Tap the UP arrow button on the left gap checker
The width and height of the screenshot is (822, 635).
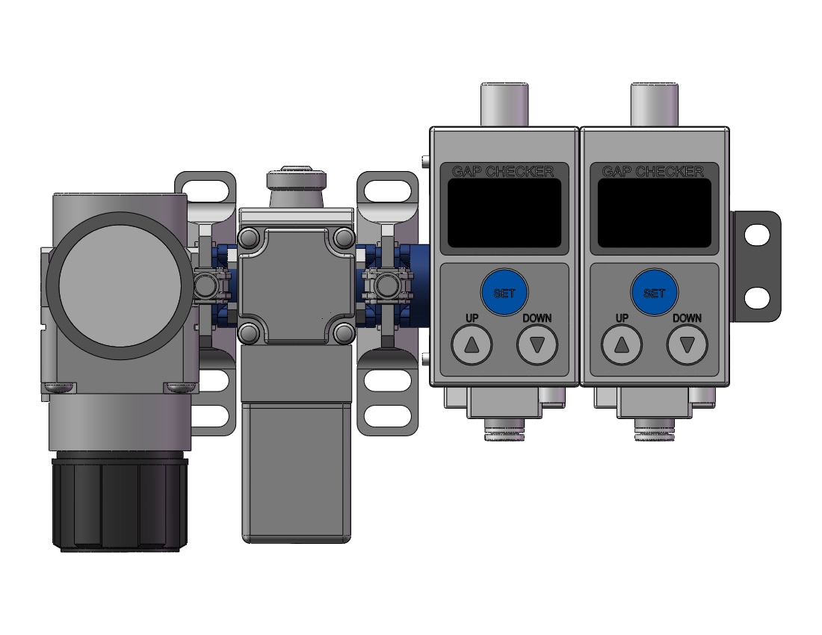click(x=472, y=344)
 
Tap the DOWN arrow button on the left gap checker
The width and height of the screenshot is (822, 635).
click(x=537, y=344)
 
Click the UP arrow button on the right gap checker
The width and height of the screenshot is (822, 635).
click(x=621, y=344)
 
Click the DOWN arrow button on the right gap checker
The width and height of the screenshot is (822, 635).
click(x=687, y=344)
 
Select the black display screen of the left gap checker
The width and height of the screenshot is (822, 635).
click(x=504, y=213)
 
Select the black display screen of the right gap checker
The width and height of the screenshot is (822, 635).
click(x=655, y=213)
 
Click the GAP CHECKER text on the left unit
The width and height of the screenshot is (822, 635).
click(x=502, y=171)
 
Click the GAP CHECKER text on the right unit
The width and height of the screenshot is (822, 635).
click(x=652, y=171)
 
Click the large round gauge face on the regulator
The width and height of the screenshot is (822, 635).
click(x=120, y=285)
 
